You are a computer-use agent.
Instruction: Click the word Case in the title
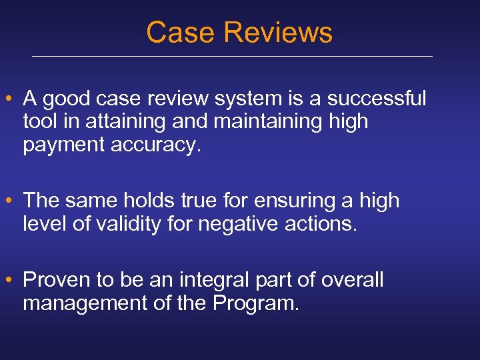[x=175, y=32]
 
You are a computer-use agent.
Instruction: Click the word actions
[x=324, y=223]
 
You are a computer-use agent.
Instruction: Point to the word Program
[x=255, y=303]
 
